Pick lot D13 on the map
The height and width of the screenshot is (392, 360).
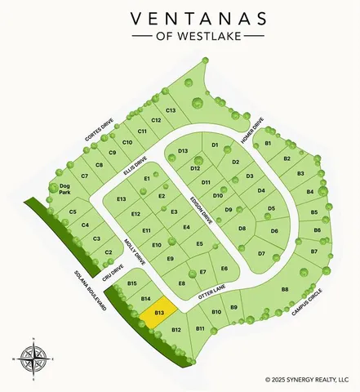click(183, 151)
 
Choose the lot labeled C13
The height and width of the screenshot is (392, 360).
click(171, 110)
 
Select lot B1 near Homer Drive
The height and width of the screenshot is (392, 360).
click(267, 144)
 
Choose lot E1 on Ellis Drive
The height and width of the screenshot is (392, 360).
click(148, 178)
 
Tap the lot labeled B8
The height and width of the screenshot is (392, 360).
click(285, 289)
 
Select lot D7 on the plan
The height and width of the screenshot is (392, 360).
click(261, 254)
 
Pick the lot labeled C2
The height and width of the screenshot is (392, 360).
click(109, 252)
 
